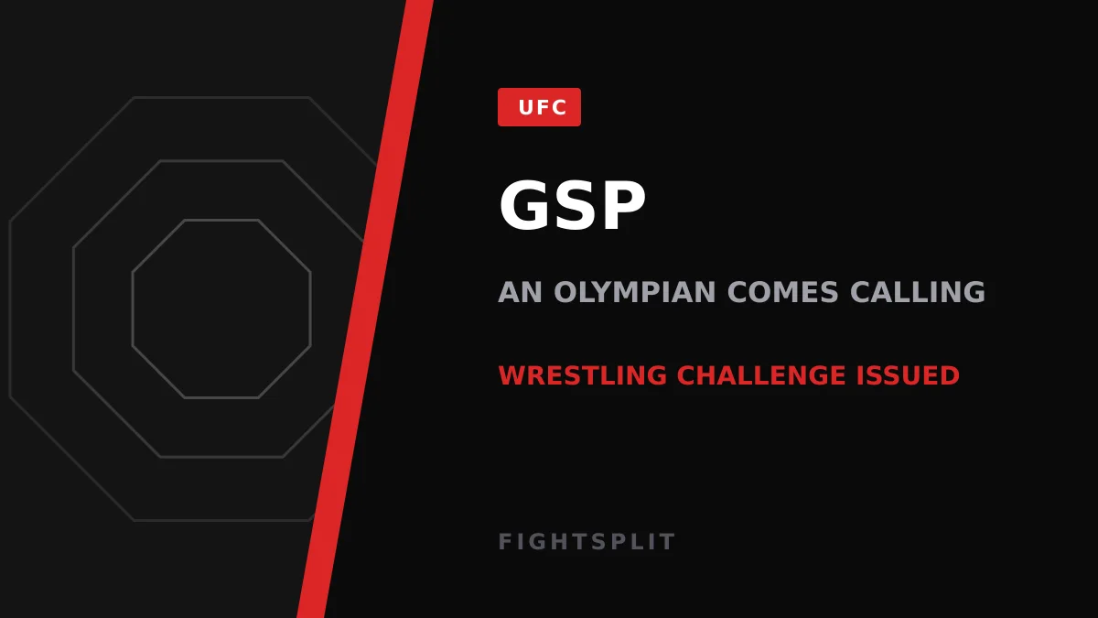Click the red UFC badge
pyautogui.click(x=539, y=107)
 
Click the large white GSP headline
pyautogui.click(x=572, y=205)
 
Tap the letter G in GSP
pyautogui.click(x=522, y=205)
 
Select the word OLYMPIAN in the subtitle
pyautogui.click(x=635, y=292)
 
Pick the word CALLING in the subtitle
pyautogui.click(x=917, y=292)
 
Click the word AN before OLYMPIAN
pyautogui.click(x=520, y=292)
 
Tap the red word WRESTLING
pyautogui.click(x=583, y=375)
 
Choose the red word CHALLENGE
pyautogui.click(x=761, y=375)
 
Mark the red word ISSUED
pyautogui.click(x=908, y=375)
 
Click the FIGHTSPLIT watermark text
pyautogui.click(x=587, y=541)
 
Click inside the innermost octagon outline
pyautogui.click(x=221, y=309)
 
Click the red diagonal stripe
pyautogui.click(x=365, y=309)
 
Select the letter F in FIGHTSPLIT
pyautogui.click(x=505, y=541)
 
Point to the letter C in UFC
pyautogui.click(x=558, y=107)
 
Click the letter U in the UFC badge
pyautogui.click(x=527, y=107)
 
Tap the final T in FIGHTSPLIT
pyautogui.click(x=668, y=541)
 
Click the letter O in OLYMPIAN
pyautogui.click(x=565, y=292)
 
